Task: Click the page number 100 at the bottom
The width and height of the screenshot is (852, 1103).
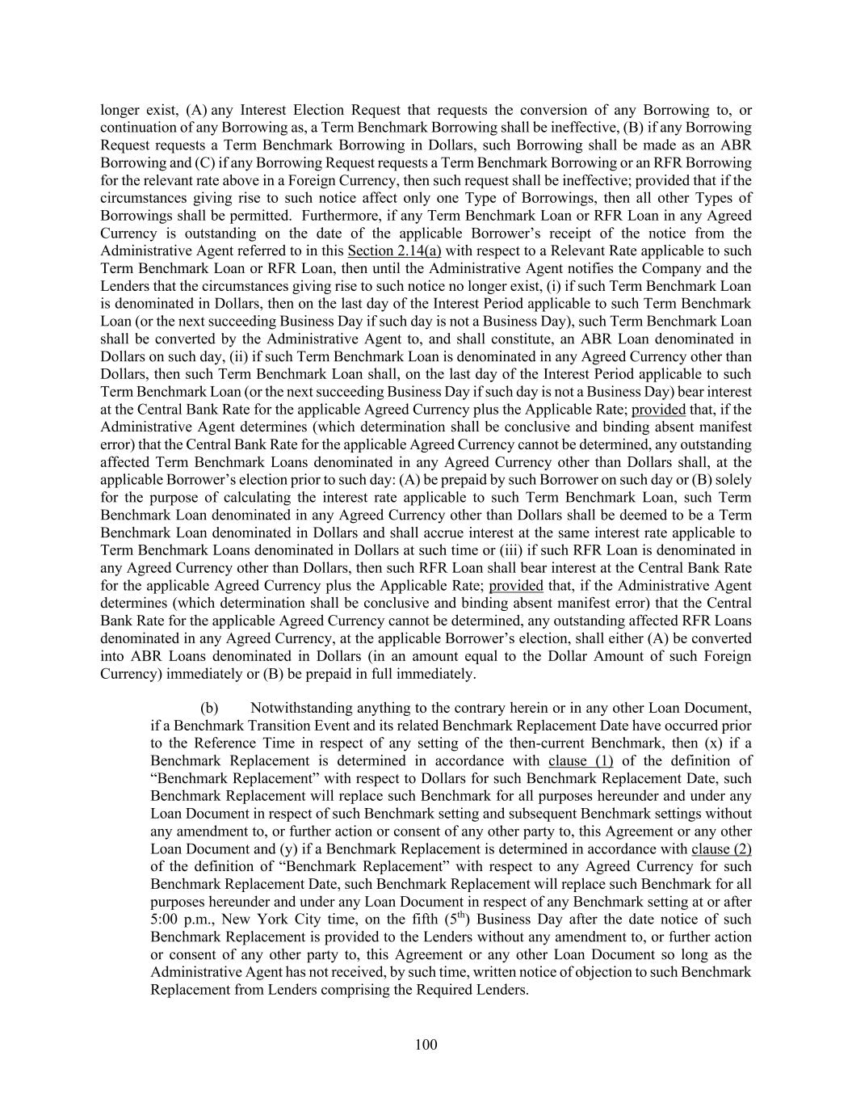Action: tap(426, 1045)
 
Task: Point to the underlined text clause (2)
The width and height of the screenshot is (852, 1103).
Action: tap(721, 849)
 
